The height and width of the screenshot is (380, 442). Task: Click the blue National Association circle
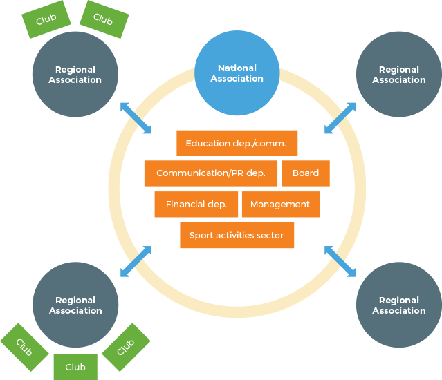237,73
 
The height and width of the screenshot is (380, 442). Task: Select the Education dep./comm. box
237,143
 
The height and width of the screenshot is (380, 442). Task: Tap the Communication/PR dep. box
210,173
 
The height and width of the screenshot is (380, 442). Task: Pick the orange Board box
305,173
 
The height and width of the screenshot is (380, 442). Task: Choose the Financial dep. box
196,205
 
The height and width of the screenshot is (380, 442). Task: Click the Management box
280,205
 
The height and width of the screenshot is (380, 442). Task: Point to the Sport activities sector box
237,236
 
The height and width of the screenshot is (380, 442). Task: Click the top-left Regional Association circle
75,74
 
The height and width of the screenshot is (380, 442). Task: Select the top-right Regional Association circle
398,74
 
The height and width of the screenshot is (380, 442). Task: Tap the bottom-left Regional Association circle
75,305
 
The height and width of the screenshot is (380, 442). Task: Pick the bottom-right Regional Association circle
398,305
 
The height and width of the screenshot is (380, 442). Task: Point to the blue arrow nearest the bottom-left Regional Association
136,261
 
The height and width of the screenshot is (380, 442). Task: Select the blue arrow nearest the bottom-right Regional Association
340,261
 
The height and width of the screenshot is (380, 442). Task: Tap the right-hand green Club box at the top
104,19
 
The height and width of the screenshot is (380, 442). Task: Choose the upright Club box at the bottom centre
75,367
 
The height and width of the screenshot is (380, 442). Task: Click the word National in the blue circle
237,68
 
